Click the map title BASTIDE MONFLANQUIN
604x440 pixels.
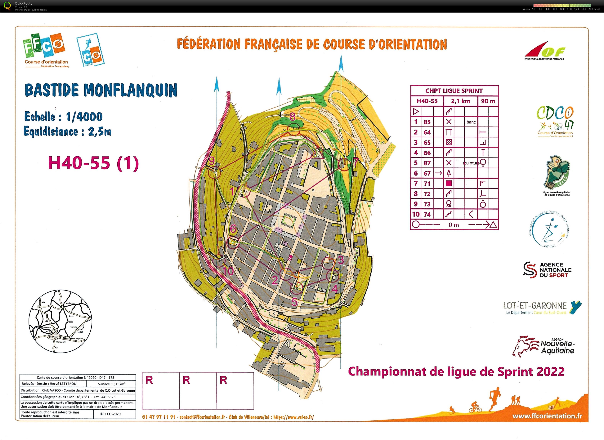[x=101, y=90]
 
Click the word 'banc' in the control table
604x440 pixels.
[x=471, y=122]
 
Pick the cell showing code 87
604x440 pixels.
[x=427, y=163]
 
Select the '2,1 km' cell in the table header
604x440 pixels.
[x=460, y=101]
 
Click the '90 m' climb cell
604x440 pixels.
[x=488, y=101]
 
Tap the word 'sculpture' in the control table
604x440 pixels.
[x=471, y=163]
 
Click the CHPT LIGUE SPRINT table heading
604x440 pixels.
[x=454, y=91]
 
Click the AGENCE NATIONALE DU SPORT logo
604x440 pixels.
[x=548, y=270]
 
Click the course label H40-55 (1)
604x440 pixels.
[x=93, y=163]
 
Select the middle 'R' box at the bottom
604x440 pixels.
[x=198, y=390]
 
